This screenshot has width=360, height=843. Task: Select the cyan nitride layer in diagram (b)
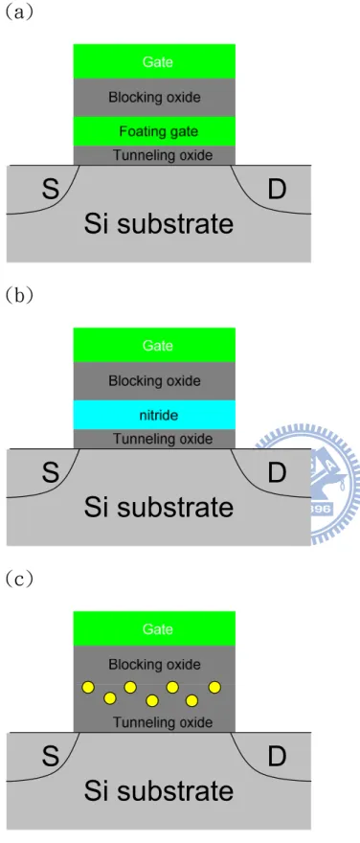pos(155,415)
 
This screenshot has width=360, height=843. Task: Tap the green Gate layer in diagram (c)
pos(155,628)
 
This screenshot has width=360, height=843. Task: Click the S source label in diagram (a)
pos(50,190)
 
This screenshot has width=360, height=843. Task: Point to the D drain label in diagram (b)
pos(277,473)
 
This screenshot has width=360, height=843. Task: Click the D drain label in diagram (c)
pos(277,757)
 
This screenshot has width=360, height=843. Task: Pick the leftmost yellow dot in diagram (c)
pos(88,688)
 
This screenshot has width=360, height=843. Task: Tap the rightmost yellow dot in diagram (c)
pos(214,687)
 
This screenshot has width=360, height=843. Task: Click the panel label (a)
pos(20,12)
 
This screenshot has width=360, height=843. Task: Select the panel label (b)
pos(20,296)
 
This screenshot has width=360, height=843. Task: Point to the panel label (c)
pos(20,579)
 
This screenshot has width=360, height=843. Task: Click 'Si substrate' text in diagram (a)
pos(159,223)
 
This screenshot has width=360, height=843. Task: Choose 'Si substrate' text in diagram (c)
pos(159,791)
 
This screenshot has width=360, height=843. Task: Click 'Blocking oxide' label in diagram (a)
pos(155,98)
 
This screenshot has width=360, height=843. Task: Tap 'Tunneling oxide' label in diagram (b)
pos(163,439)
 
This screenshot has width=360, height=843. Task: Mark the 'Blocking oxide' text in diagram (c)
pos(155,665)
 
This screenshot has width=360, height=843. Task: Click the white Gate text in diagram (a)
pos(157,61)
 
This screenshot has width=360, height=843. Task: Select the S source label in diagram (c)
pos(50,757)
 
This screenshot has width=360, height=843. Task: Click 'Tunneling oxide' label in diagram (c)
pos(163,722)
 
